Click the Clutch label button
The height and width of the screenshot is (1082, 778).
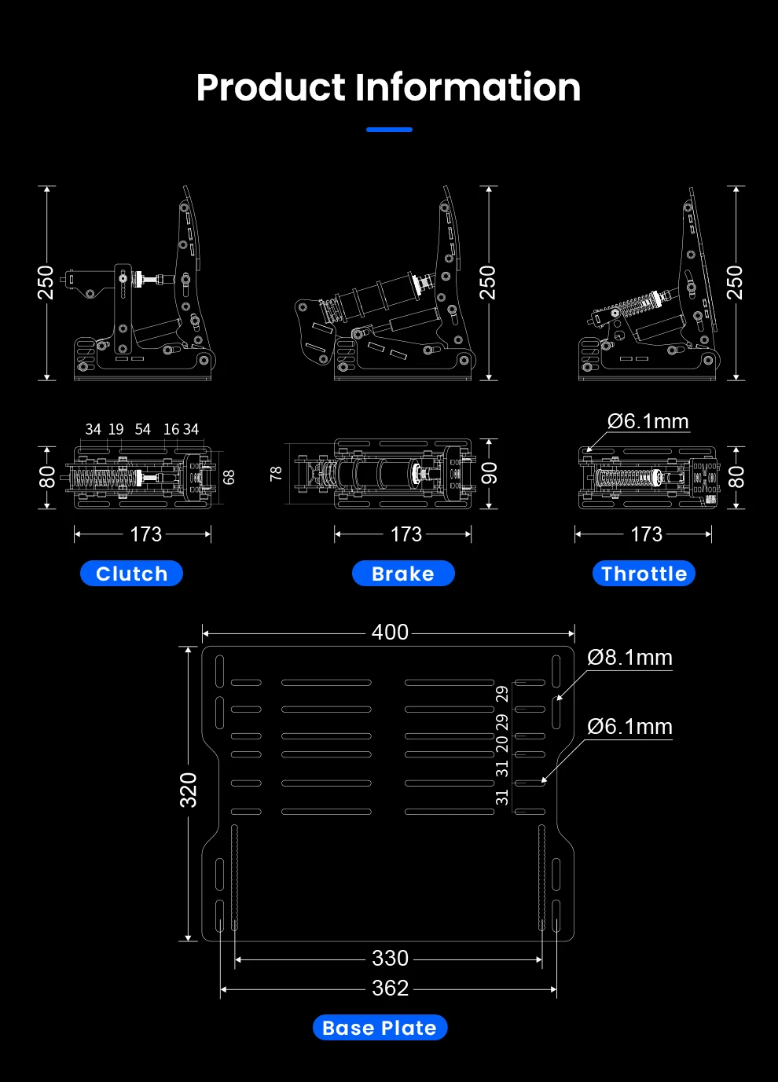tap(131, 574)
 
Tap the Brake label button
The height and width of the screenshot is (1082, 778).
tap(403, 574)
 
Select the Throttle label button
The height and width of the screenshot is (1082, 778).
tap(644, 574)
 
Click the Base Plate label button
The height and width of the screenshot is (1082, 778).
tap(380, 1028)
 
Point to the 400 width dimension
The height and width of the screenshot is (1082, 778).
tap(390, 632)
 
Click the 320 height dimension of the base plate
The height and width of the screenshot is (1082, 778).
tap(189, 790)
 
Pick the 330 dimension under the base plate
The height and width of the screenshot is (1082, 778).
tap(390, 958)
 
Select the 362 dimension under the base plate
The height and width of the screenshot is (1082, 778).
tap(390, 988)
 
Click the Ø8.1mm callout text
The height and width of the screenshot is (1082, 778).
tap(629, 658)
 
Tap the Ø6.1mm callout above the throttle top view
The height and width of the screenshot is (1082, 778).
tap(648, 421)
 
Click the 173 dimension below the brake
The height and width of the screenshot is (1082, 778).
tap(406, 534)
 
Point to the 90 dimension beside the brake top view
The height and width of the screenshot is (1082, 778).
tap(489, 473)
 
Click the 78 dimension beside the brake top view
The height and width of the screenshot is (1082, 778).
tap(276, 473)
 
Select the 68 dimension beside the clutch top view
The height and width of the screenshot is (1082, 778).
tap(229, 477)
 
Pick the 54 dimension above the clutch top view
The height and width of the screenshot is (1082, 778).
tap(142, 429)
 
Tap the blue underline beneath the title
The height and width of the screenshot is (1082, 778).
tap(389, 130)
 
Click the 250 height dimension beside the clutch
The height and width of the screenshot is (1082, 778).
tap(46, 283)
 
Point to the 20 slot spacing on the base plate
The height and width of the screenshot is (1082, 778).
tap(502, 744)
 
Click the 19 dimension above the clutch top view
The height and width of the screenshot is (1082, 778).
tap(116, 429)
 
